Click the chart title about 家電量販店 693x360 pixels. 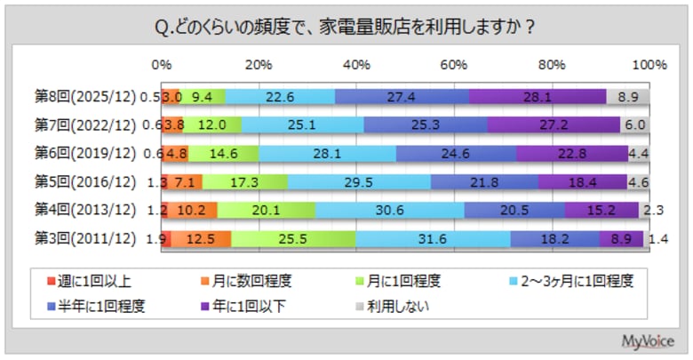coord(345,27)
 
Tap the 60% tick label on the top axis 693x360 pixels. coord(454,65)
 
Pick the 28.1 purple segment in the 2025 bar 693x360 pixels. coord(538,97)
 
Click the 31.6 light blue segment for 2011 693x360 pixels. coord(433,239)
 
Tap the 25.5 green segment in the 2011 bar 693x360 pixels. coord(293,239)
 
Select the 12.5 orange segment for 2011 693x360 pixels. coord(201,239)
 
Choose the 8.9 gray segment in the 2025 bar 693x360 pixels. coord(628,97)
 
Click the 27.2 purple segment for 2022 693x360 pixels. coord(553,125)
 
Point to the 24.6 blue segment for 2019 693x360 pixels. coord(456,154)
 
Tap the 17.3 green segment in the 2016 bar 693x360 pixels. coord(244,182)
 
